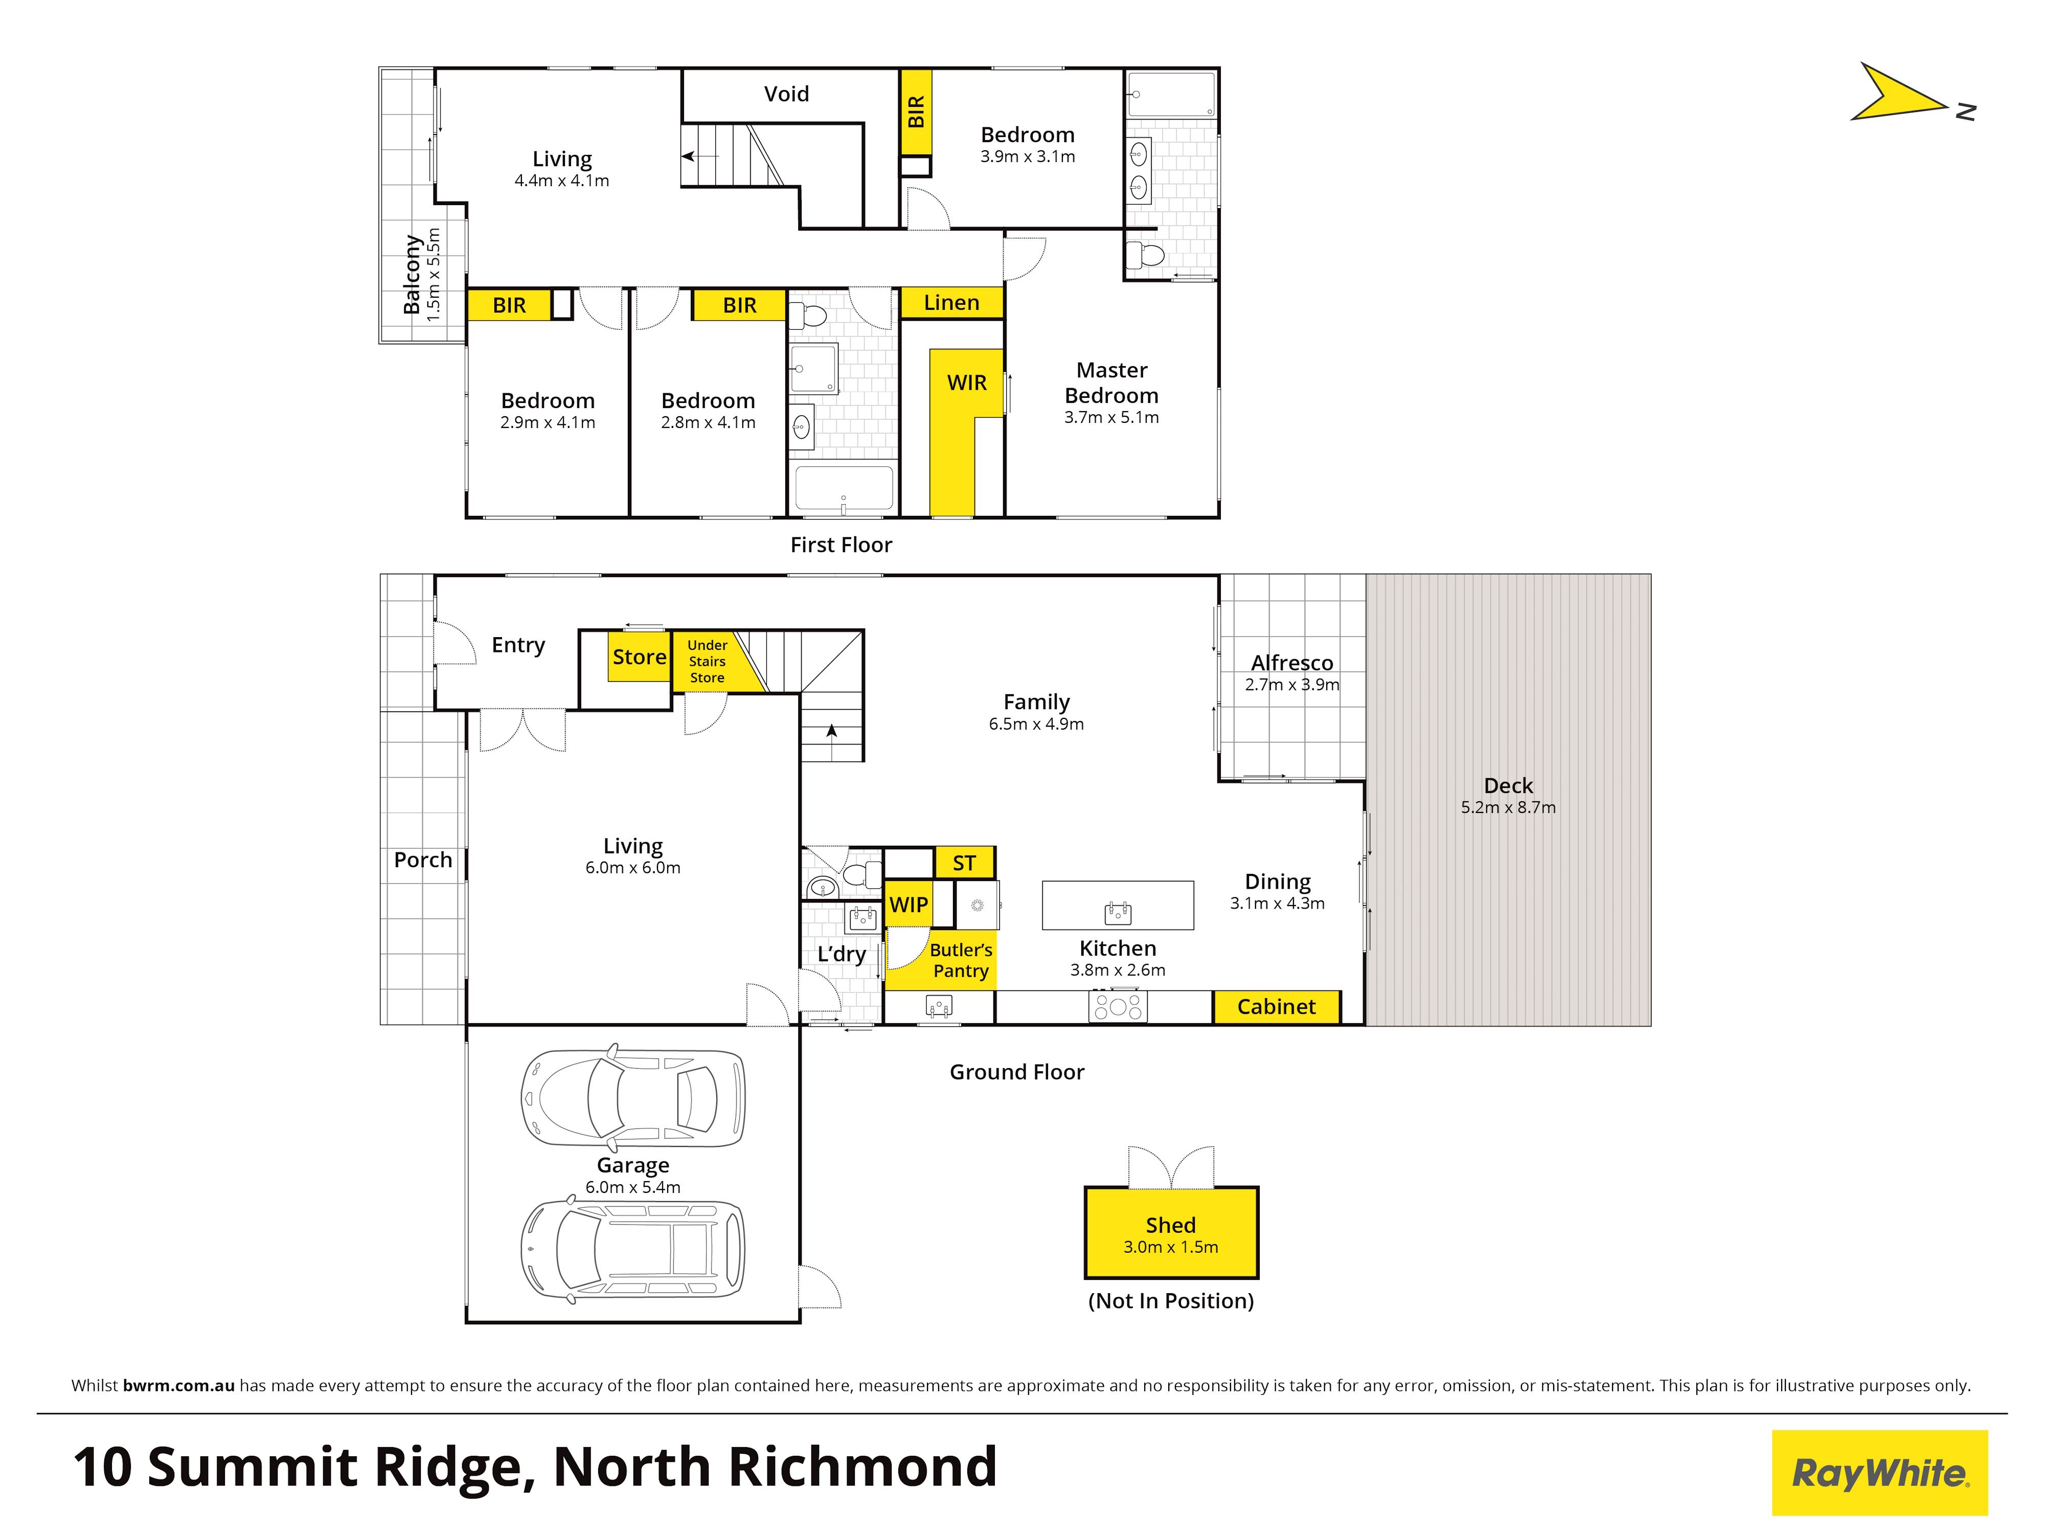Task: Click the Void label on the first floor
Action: point(786,94)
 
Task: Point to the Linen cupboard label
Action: point(951,302)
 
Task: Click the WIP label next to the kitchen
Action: point(909,905)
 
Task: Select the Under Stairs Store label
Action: point(707,661)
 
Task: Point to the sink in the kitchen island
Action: point(1118,914)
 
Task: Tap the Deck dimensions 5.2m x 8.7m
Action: point(1508,807)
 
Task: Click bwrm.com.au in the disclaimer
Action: point(178,1385)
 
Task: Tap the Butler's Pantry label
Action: point(961,960)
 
